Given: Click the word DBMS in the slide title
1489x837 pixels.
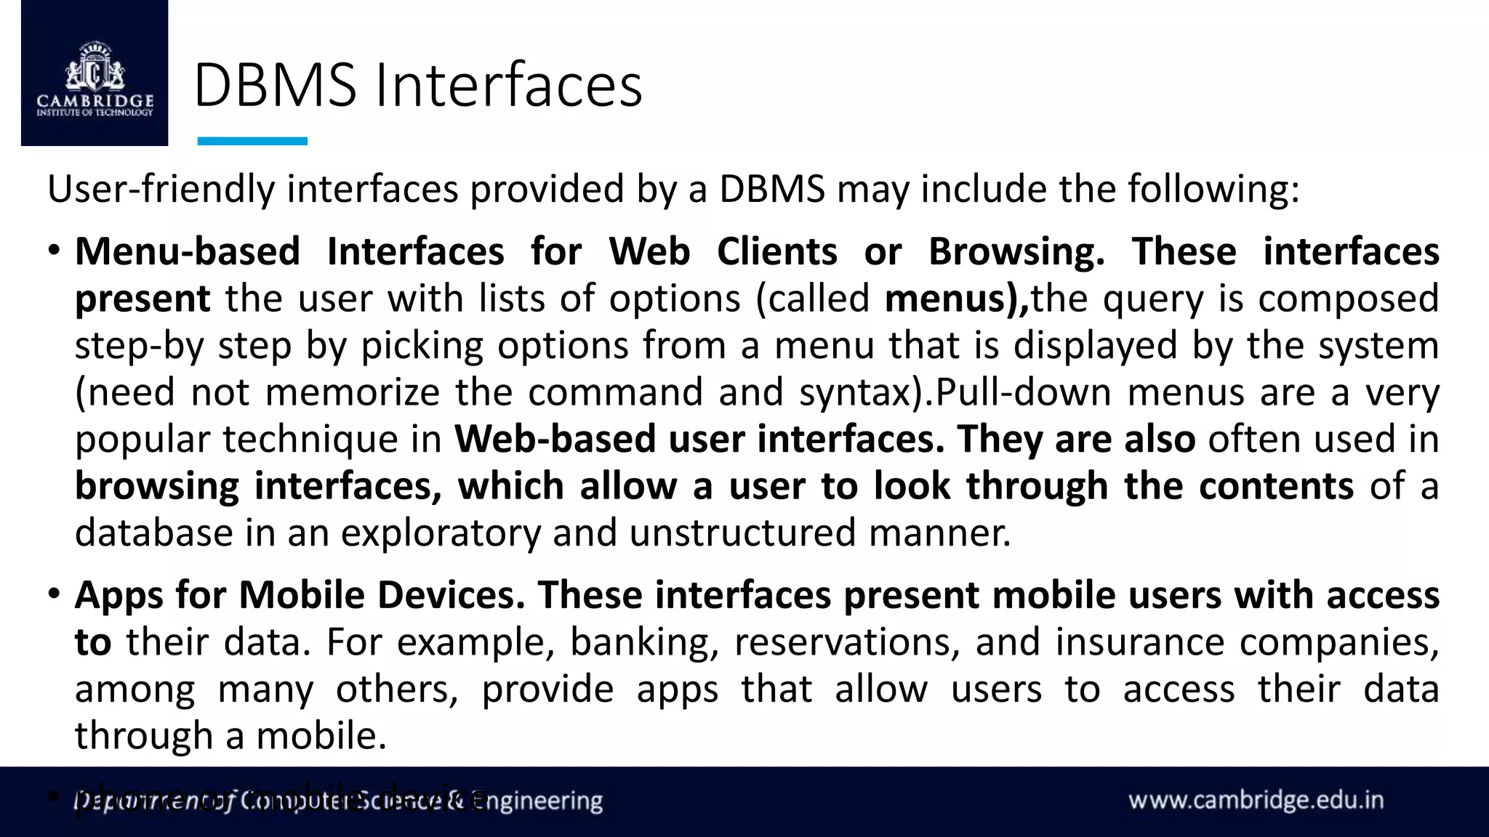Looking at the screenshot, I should pos(275,86).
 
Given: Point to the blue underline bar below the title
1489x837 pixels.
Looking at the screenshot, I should pos(252,141).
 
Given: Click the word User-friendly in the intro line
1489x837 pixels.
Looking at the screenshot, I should pos(161,189).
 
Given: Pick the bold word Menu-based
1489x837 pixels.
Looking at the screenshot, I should pos(188,251).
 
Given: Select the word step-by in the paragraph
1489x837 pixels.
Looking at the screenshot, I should pos(138,346).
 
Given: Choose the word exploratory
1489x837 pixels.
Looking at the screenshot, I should pos(441,533).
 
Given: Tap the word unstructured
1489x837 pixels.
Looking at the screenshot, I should pos(742,533).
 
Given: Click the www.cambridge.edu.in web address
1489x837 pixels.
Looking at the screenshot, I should pos(1256,801).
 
